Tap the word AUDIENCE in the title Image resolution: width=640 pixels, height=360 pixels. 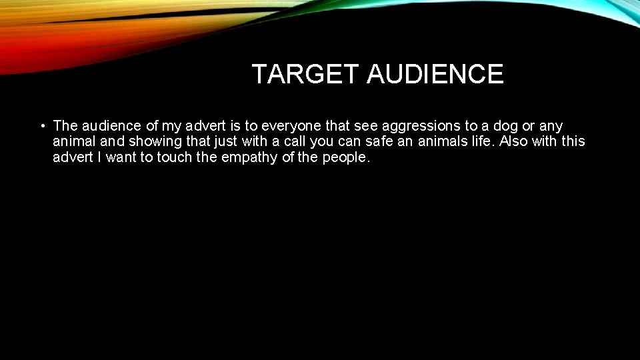coord(435,74)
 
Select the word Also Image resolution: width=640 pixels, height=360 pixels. coord(515,142)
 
